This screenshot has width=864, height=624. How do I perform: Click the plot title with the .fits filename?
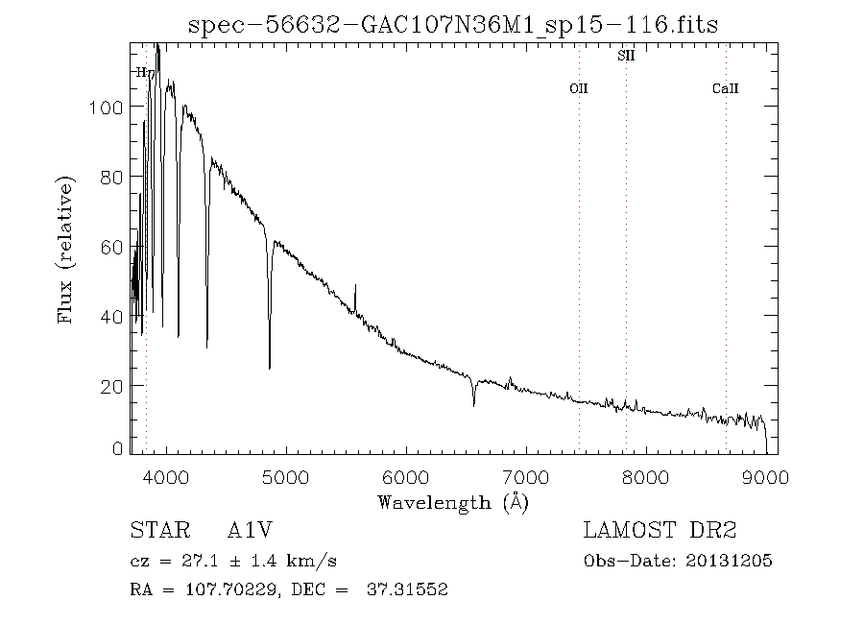pyautogui.click(x=453, y=24)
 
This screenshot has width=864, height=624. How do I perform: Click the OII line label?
pyautogui.click(x=578, y=89)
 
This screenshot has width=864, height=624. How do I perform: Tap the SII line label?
pyautogui.click(x=625, y=57)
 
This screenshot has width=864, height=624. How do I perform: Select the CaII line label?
pyautogui.click(x=725, y=89)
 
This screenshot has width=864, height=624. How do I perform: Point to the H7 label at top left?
pyautogui.click(x=145, y=72)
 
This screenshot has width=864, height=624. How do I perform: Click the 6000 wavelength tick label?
pyautogui.click(x=406, y=477)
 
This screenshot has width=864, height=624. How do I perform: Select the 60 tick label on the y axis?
pyautogui.click(x=110, y=247)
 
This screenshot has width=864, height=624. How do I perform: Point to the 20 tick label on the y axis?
pyautogui.click(x=110, y=386)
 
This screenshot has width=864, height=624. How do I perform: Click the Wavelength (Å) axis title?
pyautogui.click(x=453, y=502)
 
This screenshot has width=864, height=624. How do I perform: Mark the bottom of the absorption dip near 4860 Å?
pyautogui.click(x=269, y=367)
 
